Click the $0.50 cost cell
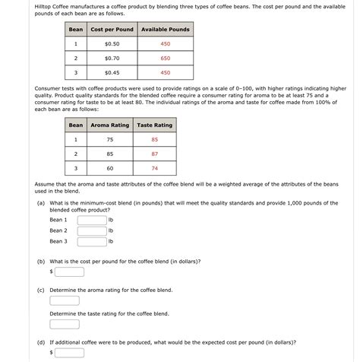coord(112,44)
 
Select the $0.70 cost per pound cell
coord(112,59)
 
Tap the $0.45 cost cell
coord(112,73)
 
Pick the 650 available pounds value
coord(165,59)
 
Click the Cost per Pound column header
coord(112,30)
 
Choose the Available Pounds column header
coord(165,30)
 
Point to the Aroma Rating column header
coord(109,125)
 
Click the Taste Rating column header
coord(154,125)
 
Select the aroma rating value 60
coord(109,168)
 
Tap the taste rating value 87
coord(154,154)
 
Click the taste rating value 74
coord(154,168)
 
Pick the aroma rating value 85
coord(109,154)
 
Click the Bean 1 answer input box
coord(91,220)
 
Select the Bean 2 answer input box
coord(91,230)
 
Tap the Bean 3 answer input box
coord(91,242)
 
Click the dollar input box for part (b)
coord(69,271)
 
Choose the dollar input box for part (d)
coord(69,353)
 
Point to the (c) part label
coord(40,291)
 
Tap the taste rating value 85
coord(154,140)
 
